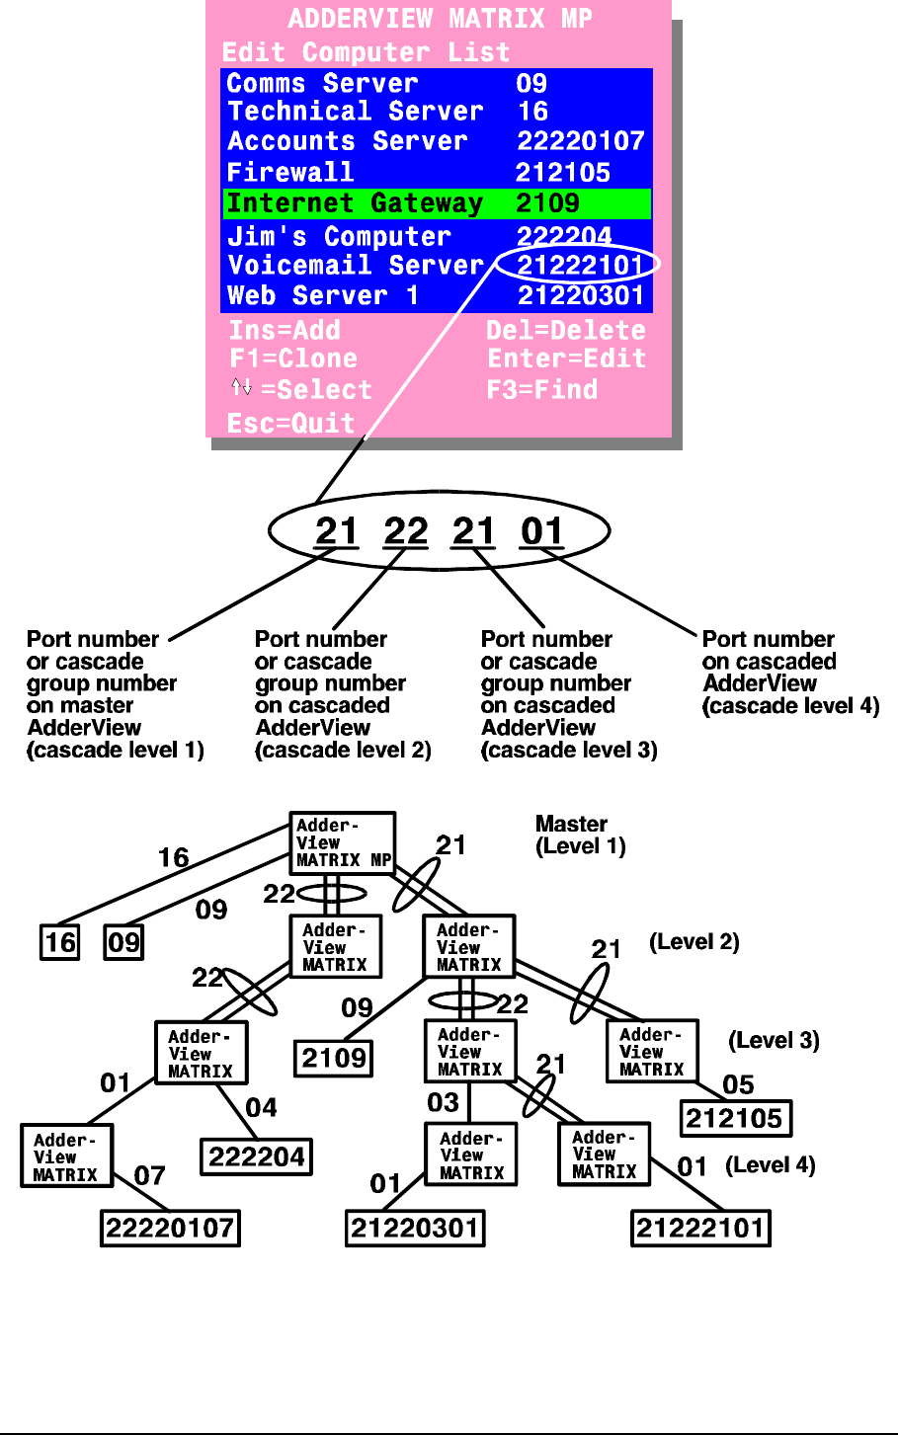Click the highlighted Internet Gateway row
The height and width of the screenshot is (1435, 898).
pos(436,203)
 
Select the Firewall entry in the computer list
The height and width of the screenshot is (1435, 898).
pos(290,173)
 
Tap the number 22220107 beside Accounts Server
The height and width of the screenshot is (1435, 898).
pos(580,141)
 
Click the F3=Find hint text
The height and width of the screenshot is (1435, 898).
pos(541,390)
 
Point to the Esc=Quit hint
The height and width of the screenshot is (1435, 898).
pos(290,424)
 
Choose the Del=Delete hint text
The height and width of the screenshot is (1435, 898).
pos(565,331)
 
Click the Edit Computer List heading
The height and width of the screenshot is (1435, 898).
pos(366,52)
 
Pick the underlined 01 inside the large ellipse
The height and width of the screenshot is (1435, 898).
pos(541,532)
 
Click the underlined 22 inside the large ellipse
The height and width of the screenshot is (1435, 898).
pos(405,532)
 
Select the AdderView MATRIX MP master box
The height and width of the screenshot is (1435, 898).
pos(342,842)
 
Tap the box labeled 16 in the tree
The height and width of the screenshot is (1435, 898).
pos(60,942)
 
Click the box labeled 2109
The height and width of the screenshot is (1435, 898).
pos(334,1059)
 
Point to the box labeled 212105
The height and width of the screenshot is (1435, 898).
pos(735,1118)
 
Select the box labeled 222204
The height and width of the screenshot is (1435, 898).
pos(257,1156)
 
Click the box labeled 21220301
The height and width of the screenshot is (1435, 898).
pos(415,1229)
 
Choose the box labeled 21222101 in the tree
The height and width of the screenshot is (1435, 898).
pos(700,1229)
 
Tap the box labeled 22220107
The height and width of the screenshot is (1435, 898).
pos(170,1229)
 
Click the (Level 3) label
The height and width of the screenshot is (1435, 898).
pos(774,1041)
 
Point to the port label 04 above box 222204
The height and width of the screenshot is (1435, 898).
pos(261,1107)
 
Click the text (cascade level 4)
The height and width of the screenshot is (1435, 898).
pos(790,706)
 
